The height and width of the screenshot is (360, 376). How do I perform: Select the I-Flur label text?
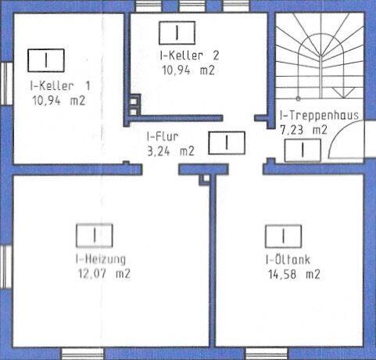[163, 135]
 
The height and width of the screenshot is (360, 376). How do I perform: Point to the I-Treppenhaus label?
[318, 115]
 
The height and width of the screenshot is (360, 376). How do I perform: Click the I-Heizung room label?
[102, 258]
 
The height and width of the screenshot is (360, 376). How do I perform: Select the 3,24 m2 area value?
[171, 151]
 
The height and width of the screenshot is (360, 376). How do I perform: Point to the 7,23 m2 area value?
[304, 130]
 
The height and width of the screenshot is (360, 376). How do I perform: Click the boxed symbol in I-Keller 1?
[46, 59]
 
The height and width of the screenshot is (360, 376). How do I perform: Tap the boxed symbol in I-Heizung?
[95, 234]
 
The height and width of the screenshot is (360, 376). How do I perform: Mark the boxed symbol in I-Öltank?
[283, 236]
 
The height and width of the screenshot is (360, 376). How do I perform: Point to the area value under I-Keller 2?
[188, 70]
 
